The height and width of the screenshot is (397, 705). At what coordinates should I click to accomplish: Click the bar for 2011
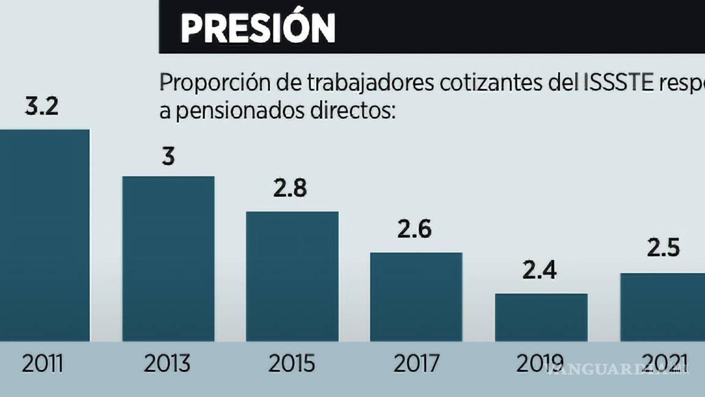click(x=44, y=235)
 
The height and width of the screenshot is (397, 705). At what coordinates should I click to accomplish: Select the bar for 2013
click(x=168, y=259)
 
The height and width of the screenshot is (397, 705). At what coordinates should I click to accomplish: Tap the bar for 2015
click(x=292, y=276)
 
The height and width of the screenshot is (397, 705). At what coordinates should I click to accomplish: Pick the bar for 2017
click(x=416, y=297)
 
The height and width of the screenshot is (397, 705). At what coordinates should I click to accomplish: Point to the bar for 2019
click(x=541, y=317)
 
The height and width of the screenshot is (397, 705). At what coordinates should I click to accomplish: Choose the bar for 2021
click(x=663, y=307)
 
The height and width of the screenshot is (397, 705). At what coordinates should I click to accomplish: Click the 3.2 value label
click(x=42, y=107)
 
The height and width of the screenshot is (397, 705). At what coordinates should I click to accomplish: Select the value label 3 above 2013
click(x=168, y=156)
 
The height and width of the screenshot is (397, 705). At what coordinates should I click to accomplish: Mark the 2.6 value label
click(x=414, y=230)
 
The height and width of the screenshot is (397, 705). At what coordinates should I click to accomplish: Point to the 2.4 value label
click(x=540, y=270)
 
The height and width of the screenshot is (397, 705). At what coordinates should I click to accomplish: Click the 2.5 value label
click(x=663, y=249)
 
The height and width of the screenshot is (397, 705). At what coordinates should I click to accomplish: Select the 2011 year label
click(x=42, y=364)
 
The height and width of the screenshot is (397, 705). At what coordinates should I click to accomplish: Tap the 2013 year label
click(x=168, y=364)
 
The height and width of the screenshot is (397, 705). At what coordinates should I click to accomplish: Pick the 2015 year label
click(x=291, y=364)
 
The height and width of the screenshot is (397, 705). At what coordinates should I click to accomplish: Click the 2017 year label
click(x=416, y=364)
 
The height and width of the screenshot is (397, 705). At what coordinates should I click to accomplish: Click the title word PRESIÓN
click(x=258, y=28)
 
